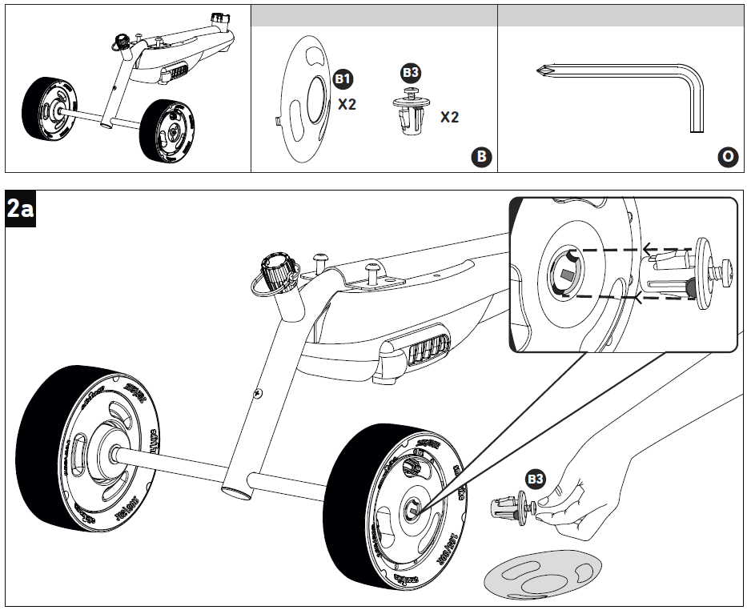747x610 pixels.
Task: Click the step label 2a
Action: click(x=19, y=209)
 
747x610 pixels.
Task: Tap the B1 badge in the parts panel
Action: click(x=343, y=80)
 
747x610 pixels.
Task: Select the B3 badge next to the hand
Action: click(x=535, y=480)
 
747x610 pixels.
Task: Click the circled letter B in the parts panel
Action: click(x=480, y=156)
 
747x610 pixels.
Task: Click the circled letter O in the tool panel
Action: click(x=727, y=156)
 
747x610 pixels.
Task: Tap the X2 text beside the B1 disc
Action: click(x=347, y=104)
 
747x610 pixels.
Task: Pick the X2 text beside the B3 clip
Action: click(x=449, y=117)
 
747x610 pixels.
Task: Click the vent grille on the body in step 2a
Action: click(x=422, y=351)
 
